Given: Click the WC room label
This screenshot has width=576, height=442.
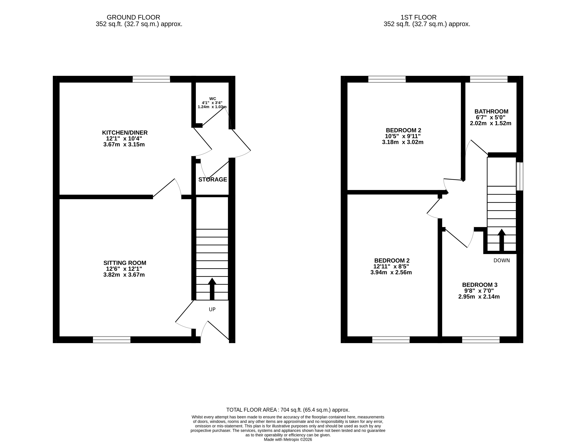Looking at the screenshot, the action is [213, 99].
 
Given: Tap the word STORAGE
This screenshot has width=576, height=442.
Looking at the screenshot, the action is [213, 179].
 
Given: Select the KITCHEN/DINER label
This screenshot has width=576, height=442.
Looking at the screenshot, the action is [125, 133].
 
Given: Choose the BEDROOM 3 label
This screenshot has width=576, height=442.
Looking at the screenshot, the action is [480, 285].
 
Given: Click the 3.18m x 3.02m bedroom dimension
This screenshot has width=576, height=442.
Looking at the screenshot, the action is [403, 142].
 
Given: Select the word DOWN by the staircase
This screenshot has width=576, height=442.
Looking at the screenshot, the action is [502, 261].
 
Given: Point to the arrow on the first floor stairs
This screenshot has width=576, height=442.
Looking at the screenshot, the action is [502, 240].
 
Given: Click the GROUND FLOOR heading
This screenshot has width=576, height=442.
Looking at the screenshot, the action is [133, 17].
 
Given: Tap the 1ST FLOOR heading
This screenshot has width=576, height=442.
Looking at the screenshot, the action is [418, 17].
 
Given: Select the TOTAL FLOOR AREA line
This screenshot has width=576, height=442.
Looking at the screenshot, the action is [288, 410].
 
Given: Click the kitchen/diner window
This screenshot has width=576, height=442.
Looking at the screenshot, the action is [151, 79].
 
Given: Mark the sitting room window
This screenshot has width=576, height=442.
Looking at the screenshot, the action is [112, 340].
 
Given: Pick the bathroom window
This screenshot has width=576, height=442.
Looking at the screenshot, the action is [489, 79].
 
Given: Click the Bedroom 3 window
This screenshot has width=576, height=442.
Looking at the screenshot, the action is [481, 340].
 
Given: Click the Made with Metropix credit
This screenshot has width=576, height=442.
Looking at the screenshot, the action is [288, 439].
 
